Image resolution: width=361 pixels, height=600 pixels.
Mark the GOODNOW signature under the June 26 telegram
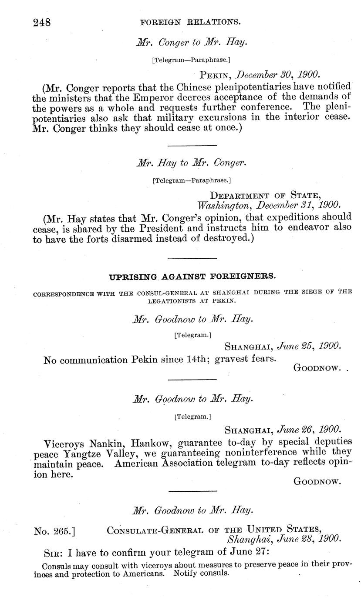(317, 481)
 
